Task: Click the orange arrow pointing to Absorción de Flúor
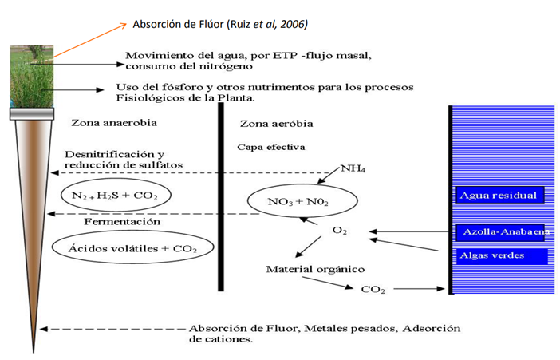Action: coord(89,41)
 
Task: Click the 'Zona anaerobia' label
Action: coord(114,123)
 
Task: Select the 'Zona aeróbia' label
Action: coord(277,124)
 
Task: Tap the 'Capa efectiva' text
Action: coord(271,148)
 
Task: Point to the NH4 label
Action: coord(353,168)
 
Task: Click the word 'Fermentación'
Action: coord(122,222)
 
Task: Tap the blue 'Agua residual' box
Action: coord(500,196)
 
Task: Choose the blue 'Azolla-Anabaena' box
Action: coord(500,232)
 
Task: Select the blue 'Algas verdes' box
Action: coord(502,256)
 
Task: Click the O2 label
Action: coord(340,231)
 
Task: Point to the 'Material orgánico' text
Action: coord(315,269)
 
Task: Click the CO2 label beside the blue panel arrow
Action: coord(373,289)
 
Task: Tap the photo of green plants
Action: coord(32,77)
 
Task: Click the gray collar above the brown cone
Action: coord(32,113)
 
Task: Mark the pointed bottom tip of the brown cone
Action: coord(34,353)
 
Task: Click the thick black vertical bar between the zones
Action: coord(221,197)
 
